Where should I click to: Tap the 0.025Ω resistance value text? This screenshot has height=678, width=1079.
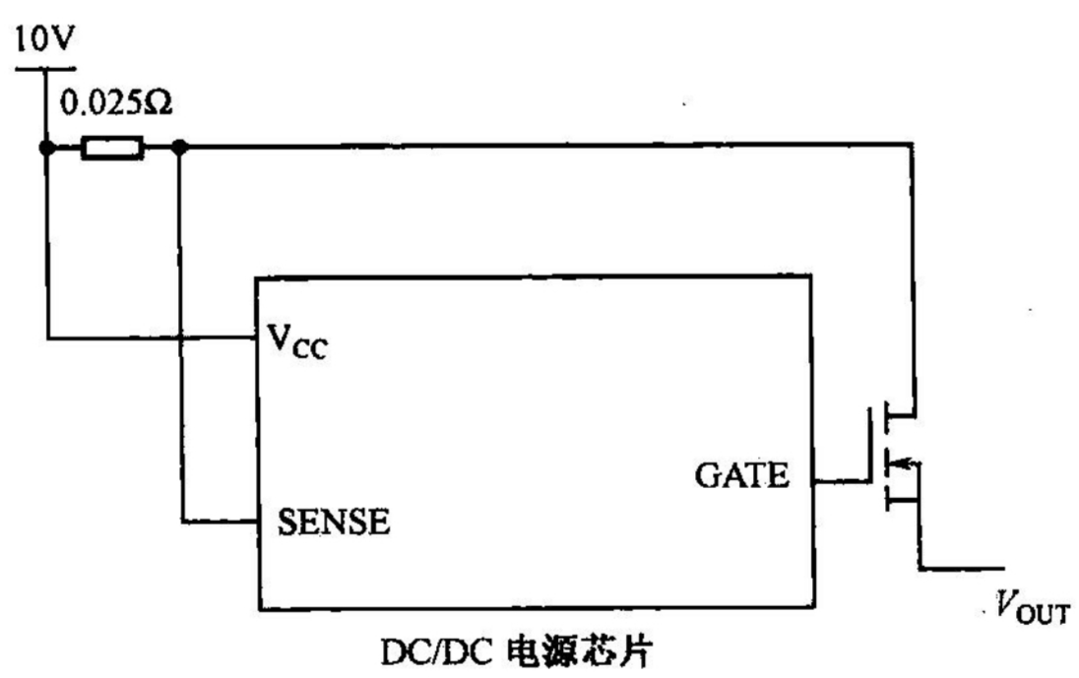tap(116, 101)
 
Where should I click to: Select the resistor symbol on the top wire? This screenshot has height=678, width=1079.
tap(111, 150)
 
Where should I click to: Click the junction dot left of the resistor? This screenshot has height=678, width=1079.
tap(45, 149)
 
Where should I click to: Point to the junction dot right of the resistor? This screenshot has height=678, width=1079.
tap(179, 149)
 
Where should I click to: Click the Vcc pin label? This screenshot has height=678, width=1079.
tap(296, 343)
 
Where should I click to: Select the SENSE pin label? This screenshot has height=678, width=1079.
tap(333, 522)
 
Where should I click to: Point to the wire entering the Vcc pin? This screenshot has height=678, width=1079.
tap(148, 340)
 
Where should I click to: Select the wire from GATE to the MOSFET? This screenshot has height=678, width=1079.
tap(843, 481)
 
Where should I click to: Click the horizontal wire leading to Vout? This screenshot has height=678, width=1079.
tap(960, 568)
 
